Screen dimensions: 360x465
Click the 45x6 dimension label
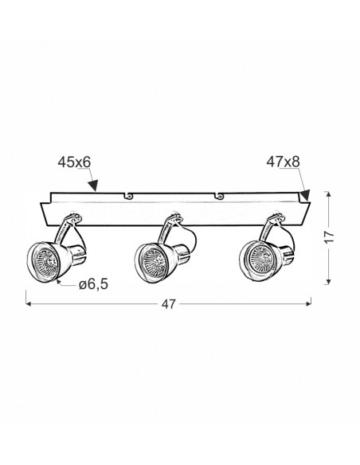pyautogui.click(x=74, y=162)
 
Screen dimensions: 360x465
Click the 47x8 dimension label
pyautogui.click(x=283, y=162)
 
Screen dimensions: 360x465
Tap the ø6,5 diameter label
pyautogui.click(x=93, y=285)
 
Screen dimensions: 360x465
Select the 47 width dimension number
pyautogui.click(x=168, y=304)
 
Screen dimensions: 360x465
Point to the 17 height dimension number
pyautogui.click(x=329, y=237)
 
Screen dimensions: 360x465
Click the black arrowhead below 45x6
pyautogui.click(x=93, y=185)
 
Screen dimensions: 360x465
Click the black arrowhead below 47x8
pyautogui.click(x=304, y=195)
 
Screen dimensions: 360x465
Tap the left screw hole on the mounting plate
pyautogui.click(x=128, y=195)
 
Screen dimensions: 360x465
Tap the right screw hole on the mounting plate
pyautogui.click(x=218, y=195)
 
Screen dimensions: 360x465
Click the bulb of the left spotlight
pyautogui.click(x=46, y=261)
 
